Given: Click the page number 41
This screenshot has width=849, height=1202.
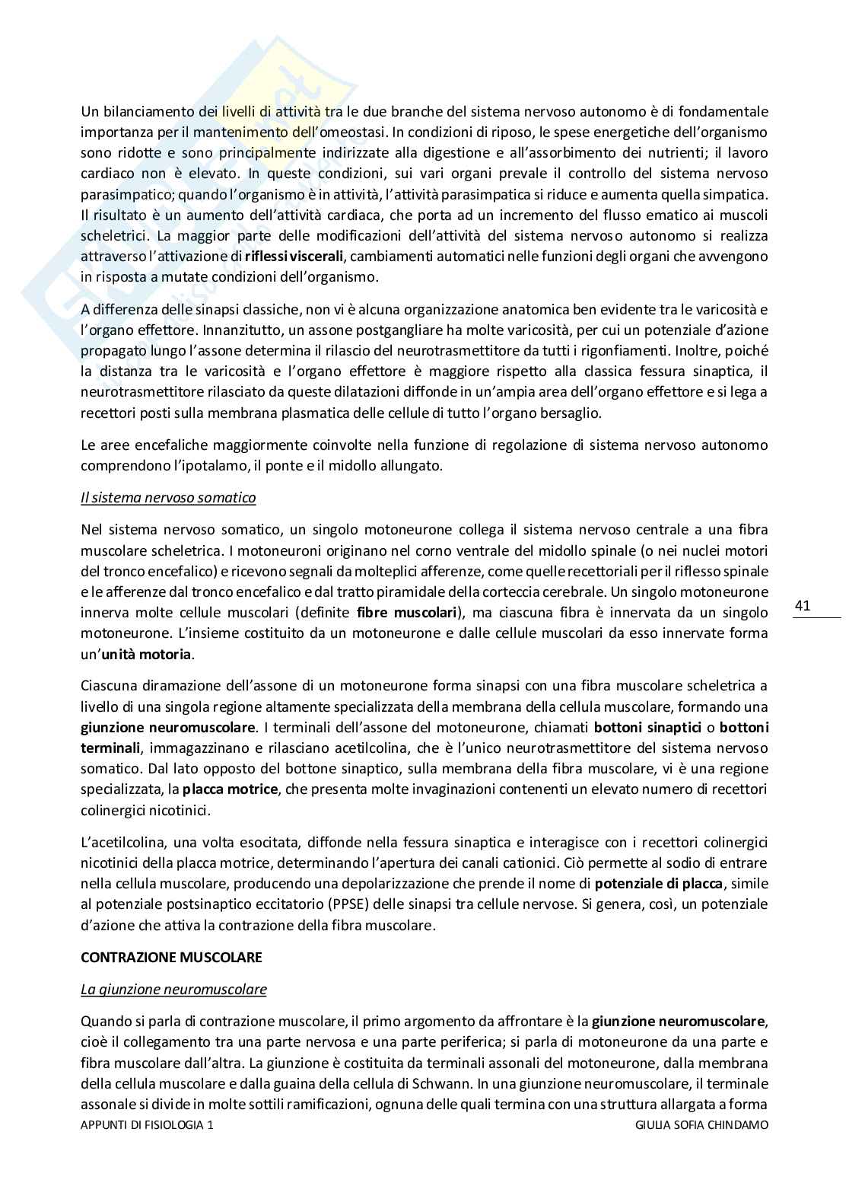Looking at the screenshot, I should click(x=803, y=606).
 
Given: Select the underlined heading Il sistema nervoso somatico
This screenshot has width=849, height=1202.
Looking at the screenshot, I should click(x=168, y=498).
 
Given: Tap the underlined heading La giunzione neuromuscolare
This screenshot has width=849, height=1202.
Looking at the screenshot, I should click(x=173, y=989).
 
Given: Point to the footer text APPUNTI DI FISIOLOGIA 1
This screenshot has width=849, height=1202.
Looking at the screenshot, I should click(x=147, y=1124).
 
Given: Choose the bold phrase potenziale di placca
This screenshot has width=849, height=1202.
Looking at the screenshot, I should click(x=660, y=884).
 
